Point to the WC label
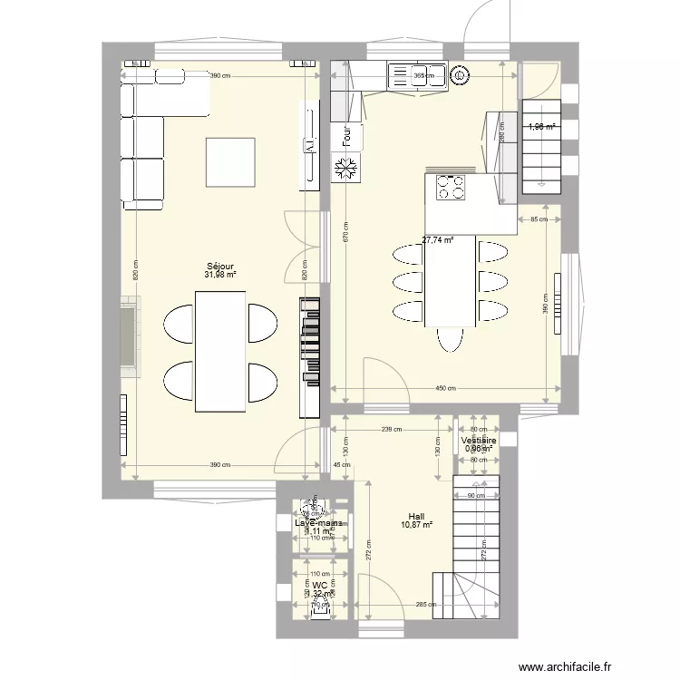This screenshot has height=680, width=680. coord(319,586)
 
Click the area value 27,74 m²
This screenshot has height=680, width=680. coord(438,240)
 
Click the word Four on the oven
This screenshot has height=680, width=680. coord(346,136)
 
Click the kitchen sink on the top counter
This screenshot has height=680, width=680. coord(418,76)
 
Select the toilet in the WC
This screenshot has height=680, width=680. coord(320,607)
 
